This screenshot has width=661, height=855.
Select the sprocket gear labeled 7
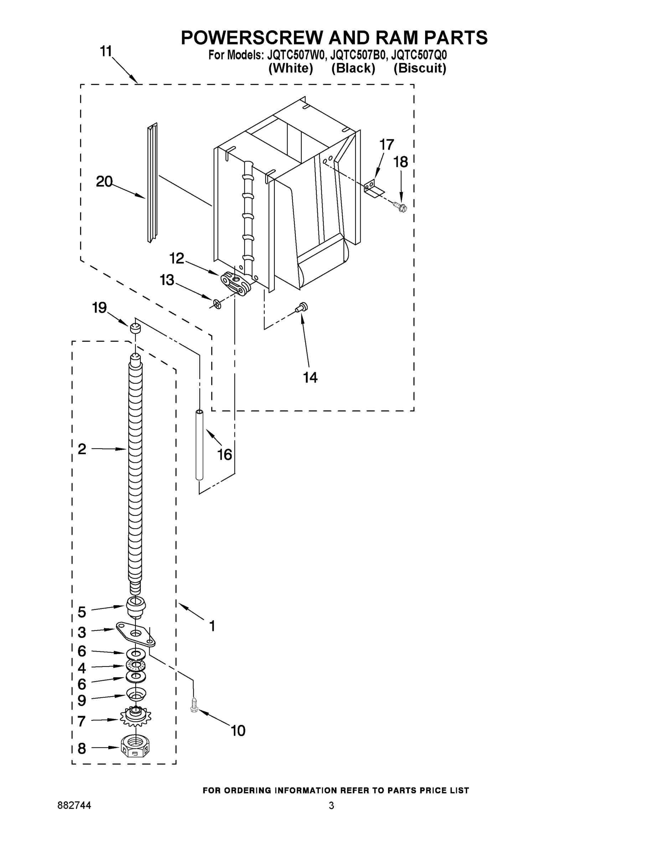[x=135, y=717]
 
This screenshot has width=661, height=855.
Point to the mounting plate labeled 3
[x=135, y=634]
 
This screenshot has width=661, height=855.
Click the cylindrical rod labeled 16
[x=199, y=445]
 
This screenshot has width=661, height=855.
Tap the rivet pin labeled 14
[x=302, y=307]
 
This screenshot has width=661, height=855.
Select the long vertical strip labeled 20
[x=152, y=183]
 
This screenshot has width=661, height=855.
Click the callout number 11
[x=106, y=51]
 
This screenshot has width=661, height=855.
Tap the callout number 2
[x=82, y=449]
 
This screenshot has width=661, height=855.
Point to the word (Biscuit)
[x=419, y=68]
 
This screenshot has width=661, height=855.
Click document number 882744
[x=74, y=805]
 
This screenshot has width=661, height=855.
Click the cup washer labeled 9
[x=135, y=695]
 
